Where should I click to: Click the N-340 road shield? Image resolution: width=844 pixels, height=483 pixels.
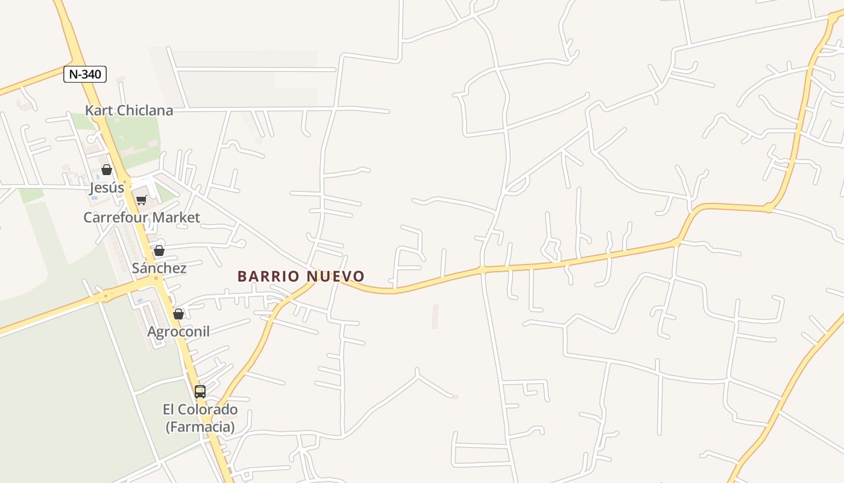point(85,74)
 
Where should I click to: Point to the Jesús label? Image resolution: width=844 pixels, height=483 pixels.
point(107,188)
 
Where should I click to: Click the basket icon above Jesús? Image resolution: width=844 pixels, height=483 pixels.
point(107,170)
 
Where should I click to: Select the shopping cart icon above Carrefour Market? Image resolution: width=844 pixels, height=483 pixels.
point(141,200)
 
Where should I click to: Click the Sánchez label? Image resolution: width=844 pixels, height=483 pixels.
point(159,268)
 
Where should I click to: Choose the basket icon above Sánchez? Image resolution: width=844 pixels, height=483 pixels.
point(159,251)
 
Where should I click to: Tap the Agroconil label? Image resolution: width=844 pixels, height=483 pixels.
point(178,331)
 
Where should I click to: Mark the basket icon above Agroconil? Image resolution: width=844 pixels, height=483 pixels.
point(178,314)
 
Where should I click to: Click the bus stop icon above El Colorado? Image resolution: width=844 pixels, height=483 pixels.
point(200,392)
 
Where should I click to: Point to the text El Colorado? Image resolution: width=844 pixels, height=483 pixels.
point(200,409)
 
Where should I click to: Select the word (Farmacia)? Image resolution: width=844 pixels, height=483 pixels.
point(200,427)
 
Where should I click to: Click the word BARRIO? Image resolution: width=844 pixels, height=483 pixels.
point(269,277)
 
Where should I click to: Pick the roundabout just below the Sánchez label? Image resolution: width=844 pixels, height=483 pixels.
point(156,279)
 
